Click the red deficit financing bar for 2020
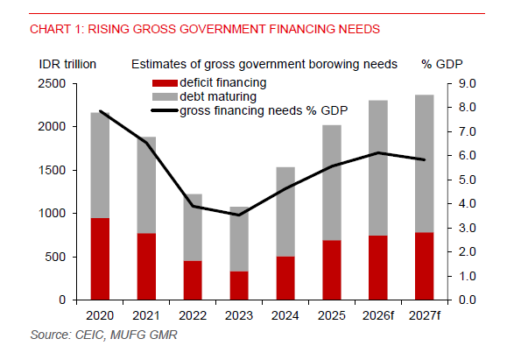click(x=100, y=258)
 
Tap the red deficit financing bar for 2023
click(x=238, y=285)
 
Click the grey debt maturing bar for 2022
click(x=193, y=227)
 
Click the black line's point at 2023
click(x=238, y=215)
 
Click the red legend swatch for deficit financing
click(x=164, y=82)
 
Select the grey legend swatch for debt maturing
click(x=164, y=96)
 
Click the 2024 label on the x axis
click(x=285, y=314)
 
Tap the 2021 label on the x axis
click(x=146, y=314)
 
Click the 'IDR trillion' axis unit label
click(x=67, y=65)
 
